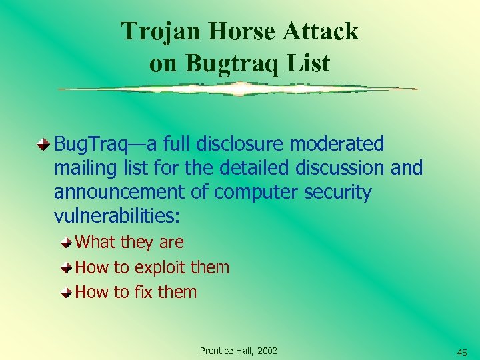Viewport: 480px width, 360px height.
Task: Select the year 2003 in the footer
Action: (x=267, y=351)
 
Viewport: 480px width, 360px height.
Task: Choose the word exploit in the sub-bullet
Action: (x=159, y=267)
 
